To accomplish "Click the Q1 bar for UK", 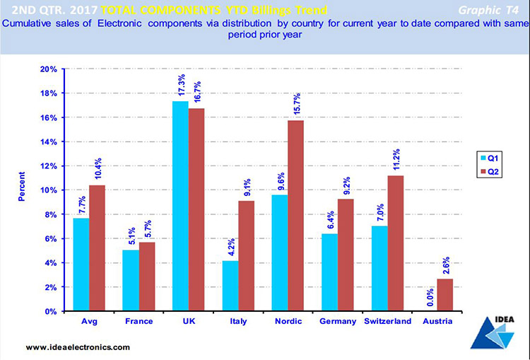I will point(180,206).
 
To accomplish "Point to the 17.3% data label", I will point(182,86).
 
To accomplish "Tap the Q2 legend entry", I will point(490,170).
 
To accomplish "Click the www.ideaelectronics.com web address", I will point(78,347).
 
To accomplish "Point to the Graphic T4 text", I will point(483,10).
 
